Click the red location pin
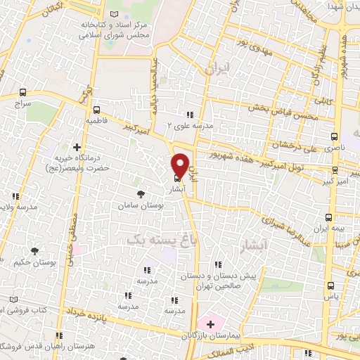click(x=180, y=165)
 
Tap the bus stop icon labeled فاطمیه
click(x=96, y=110)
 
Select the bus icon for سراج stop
click(x=24, y=92)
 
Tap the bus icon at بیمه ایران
click(x=329, y=217)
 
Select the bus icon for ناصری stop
click(x=333, y=137)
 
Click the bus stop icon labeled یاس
click(x=331, y=285)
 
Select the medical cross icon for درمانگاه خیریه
click(x=76, y=146)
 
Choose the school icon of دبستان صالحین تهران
click(x=219, y=265)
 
